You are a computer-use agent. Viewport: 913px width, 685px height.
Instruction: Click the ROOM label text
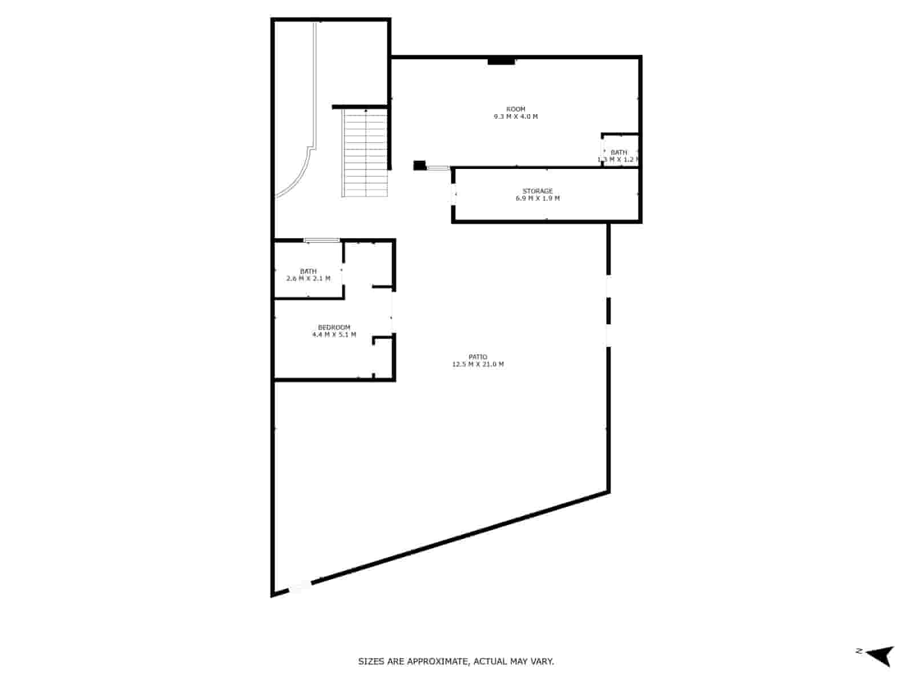pyautogui.click(x=516, y=109)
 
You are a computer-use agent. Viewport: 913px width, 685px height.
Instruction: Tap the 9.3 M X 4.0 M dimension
pyautogui.click(x=516, y=116)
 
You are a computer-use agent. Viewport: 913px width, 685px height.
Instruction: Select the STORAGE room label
pyautogui.click(x=538, y=191)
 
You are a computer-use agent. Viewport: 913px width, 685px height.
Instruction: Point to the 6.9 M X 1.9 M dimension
pyautogui.click(x=538, y=199)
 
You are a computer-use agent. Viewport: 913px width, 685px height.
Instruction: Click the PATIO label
pyautogui.click(x=478, y=357)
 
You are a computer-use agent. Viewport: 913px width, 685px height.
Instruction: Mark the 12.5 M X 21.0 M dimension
pyautogui.click(x=478, y=364)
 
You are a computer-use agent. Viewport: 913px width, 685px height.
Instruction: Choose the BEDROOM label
pyautogui.click(x=334, y=327)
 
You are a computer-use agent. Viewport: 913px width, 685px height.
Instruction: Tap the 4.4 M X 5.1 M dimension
pyautogui.click(x=334, y=335)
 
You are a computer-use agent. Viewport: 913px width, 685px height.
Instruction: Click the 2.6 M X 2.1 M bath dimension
pyautogui.click(x=308, y=279)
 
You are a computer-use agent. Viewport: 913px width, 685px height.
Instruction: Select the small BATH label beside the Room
pyautogui.click(x=619, y=152)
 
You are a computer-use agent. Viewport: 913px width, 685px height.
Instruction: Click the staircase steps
pyautogui.click(x=365, y=153)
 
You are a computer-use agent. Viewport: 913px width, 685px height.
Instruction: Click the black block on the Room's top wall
pyautogui.click(x=502, y=61)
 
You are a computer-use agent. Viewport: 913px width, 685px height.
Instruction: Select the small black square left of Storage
pyautogui.click(x=419, y=166)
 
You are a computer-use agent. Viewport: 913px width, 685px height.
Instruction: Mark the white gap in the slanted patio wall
pyautogui.click(x=299, y=586)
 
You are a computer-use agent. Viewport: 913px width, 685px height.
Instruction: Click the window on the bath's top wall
pyautogui.click(x=322, y=240)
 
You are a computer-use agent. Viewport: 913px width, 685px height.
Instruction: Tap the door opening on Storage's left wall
pyautogui.click(x=454, y=194)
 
